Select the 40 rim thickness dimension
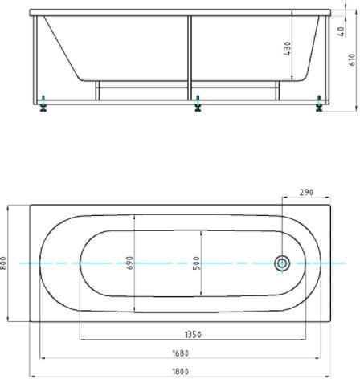[x=342, y=31]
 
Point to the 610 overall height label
[x=352, y=59]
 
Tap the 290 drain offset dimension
[x=306, y=193]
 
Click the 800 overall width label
[x=5, y=263]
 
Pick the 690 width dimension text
[x=130, y=263]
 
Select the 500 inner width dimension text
[x=197, y=263]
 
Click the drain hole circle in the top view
[x=283, y=263]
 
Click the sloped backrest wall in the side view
[x=60, y=48]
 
